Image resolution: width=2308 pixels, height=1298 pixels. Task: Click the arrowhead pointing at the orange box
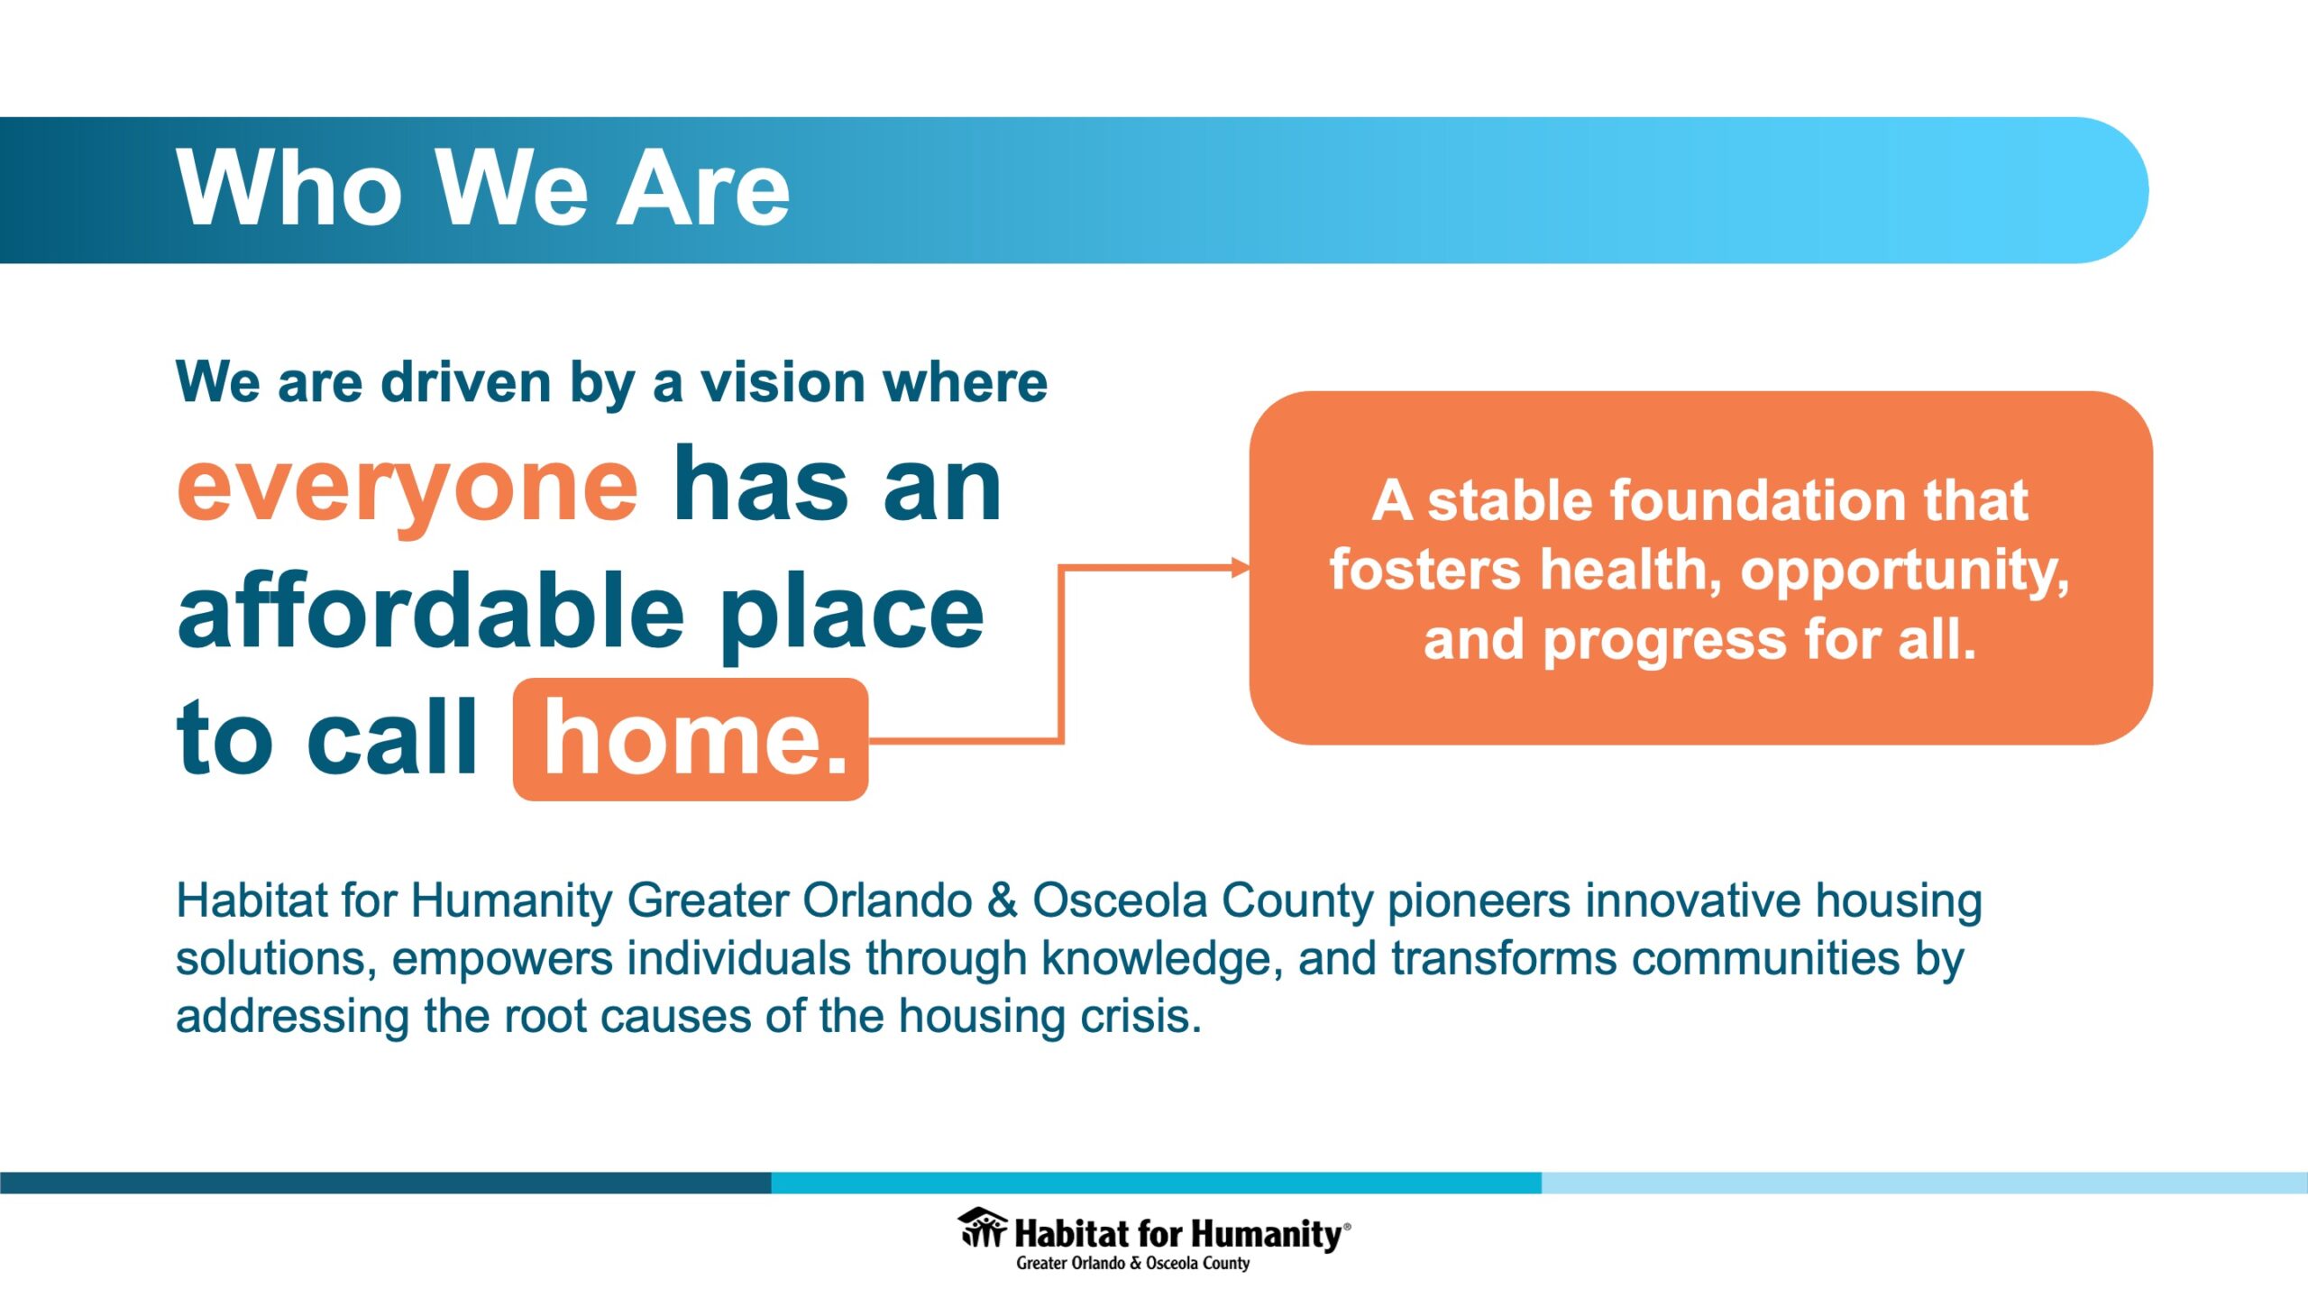(x=1241, y=567)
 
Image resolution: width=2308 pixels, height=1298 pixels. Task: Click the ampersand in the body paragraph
(x=1003, y=900)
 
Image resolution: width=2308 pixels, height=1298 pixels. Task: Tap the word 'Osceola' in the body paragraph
(x=1120, y=900)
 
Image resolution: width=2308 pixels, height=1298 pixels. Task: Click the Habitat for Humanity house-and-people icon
(x=982, y=1228)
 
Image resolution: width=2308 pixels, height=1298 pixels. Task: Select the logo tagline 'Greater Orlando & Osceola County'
(x=1133, y=1264)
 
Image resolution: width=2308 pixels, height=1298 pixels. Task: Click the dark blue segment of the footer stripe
(x=386, y=1183)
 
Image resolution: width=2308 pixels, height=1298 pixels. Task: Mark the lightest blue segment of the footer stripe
(x=1925, y=1183)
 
